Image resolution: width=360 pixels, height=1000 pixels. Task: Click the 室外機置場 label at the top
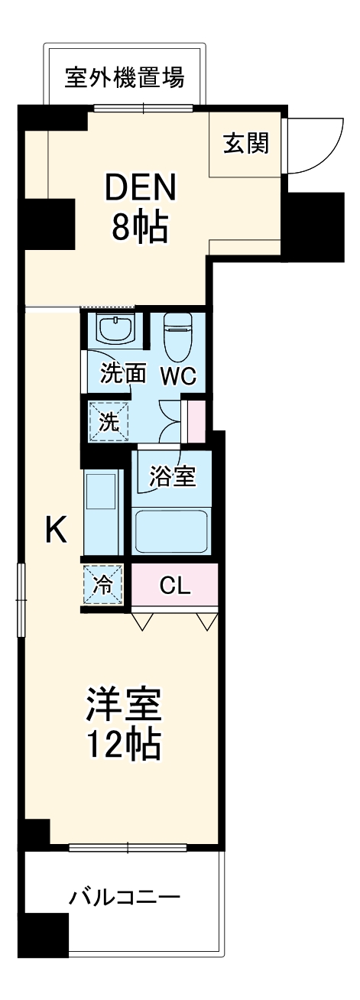(x=124, y=78)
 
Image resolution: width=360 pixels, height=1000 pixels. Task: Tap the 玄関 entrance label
(x=246, y=143)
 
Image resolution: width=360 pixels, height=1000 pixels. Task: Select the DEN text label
(x=141, y=188)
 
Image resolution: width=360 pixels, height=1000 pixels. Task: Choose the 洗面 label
(x=123, y=375)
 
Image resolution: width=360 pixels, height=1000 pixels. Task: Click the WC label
(x=178, y=375)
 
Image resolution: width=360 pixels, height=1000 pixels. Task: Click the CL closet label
(x=175, y=586)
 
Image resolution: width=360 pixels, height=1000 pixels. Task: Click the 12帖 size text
(x=123, y=743)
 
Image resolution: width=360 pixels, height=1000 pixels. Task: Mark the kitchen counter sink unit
(x=102, y=511)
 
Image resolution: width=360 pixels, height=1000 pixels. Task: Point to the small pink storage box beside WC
(x=196, y=422)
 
